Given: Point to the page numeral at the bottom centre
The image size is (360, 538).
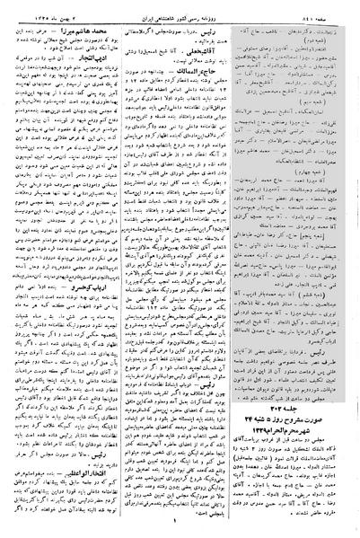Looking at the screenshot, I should tap(180, 527).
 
